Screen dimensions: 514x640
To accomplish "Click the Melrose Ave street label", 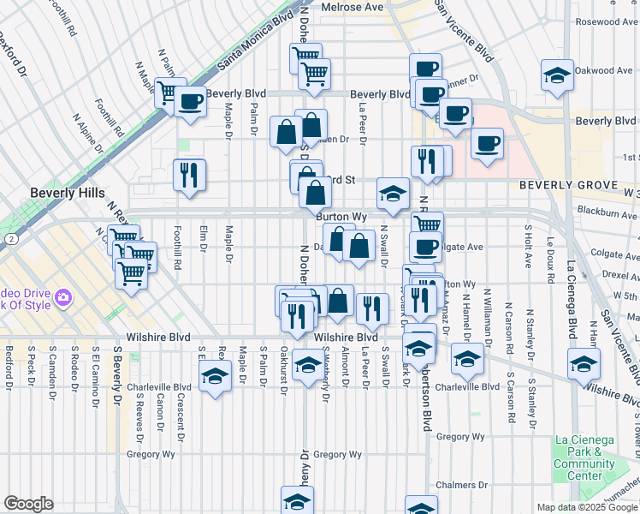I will (353, 7).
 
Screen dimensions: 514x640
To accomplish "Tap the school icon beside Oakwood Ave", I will (557, 75).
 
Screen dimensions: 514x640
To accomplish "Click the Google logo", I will (28, 504).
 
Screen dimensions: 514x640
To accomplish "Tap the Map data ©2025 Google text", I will (586, 507).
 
